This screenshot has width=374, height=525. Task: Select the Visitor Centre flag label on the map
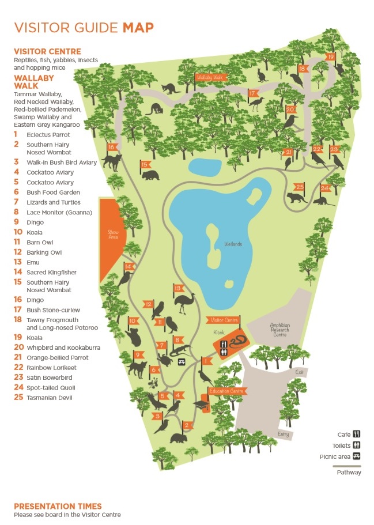[x=223, y=320]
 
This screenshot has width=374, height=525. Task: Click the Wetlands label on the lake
[x=232, y=244]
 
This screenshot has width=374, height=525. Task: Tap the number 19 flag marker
[x=330, y=56]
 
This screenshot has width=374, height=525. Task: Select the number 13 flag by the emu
[x=178, y=288]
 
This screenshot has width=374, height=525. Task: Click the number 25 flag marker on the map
[x=299, y=187]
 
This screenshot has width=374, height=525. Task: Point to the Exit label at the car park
[x=299, y=372]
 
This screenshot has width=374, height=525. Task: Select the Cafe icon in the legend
[x=357, y=434]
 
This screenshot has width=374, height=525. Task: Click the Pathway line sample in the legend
[x=349, y=466]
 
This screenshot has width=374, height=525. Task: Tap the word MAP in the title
[x=138, y=27]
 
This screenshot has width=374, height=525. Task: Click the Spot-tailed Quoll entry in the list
[x=51, y=388]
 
